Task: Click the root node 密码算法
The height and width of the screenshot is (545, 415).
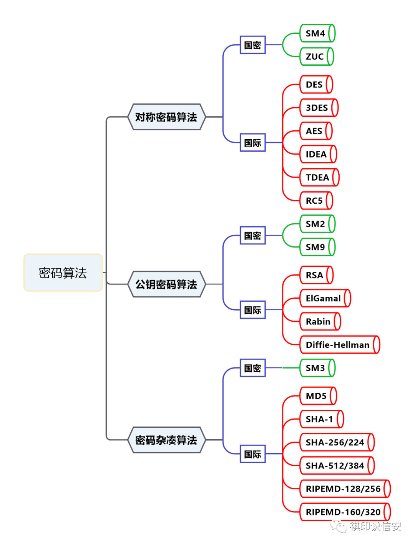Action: [x=63, y=272]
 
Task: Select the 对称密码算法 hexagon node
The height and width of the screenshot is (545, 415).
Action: [x=166, y=117]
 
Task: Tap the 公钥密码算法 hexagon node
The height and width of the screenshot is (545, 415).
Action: [x=166, y=284]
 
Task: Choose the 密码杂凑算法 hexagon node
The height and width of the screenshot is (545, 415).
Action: [x=166, y=440]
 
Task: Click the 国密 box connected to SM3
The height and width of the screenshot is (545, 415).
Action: [x=252, y=368]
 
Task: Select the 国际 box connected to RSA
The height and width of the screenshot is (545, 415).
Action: [x=252, y=310]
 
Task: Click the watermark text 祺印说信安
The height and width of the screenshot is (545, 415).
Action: [x=375, y=526]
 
